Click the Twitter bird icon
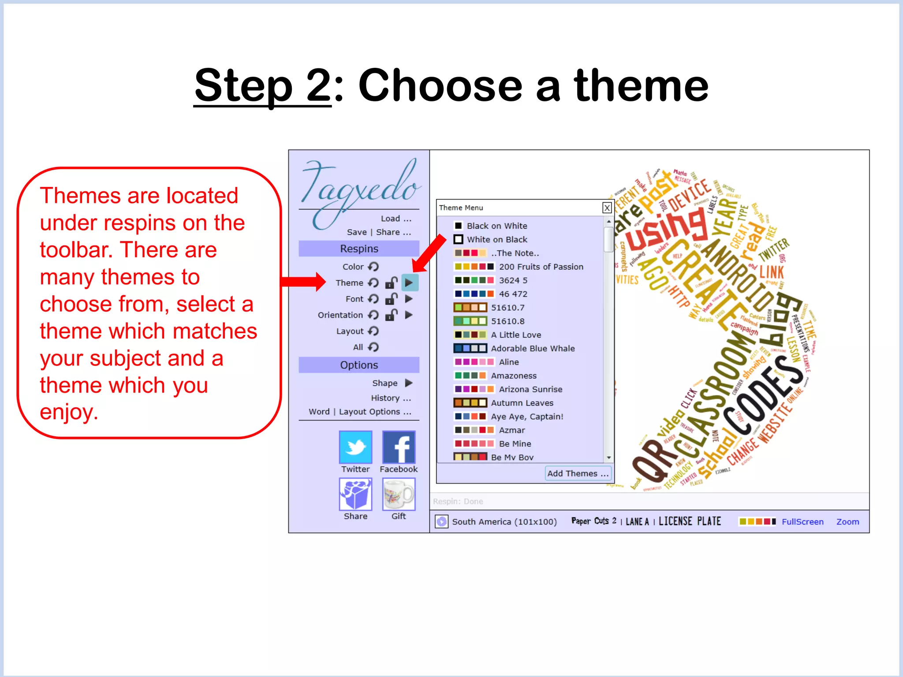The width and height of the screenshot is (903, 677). coord(355,446)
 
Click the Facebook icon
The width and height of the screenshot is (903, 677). coord(399,446)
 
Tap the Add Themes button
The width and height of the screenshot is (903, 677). coord(578,473)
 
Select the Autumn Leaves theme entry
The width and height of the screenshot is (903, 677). coord(522,403)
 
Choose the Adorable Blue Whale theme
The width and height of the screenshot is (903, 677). coord(533,348)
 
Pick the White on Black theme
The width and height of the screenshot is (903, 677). coord(497,239)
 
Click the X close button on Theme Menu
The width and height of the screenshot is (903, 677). coord(607,208)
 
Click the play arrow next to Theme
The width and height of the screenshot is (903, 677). coord(409,283)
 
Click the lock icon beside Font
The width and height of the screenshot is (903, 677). coord(391,299)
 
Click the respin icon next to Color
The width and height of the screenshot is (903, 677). coord(373,267)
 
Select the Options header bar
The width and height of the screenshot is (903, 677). coord(359,365)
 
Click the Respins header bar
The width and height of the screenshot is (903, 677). coord(359,249)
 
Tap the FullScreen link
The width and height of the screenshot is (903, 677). coord(802,522)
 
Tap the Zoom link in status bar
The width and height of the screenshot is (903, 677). coord(847,522)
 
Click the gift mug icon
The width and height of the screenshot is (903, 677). coord(399,494)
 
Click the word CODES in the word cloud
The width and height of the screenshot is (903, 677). coord(767,397)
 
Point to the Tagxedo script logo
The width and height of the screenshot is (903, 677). coord(359,190)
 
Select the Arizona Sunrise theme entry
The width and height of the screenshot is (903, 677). coord(530,389)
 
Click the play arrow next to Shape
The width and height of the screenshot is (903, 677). coord(409,383)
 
